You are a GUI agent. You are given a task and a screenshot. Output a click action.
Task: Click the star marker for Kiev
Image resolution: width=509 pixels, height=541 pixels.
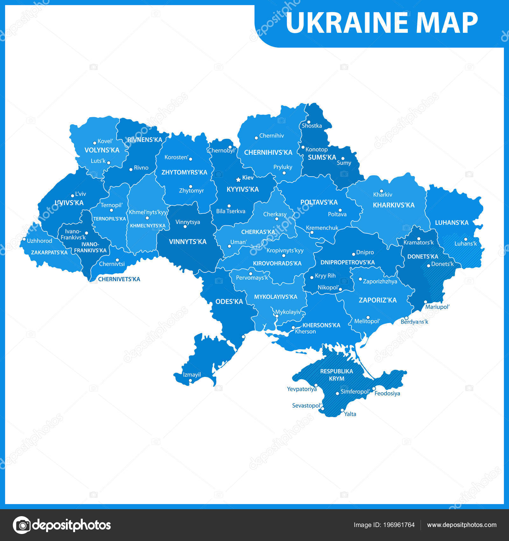[x=238, y=179]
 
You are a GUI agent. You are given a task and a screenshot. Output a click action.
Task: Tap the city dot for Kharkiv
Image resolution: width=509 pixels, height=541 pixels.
[x=381, y=191]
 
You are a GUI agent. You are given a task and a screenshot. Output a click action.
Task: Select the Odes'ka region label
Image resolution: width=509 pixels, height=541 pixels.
[x=229, y=301]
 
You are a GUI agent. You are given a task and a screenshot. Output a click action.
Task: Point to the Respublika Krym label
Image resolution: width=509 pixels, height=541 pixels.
[x=337, y=375]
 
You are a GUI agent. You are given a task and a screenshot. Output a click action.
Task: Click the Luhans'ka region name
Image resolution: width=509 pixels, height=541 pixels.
[x=452, y=223]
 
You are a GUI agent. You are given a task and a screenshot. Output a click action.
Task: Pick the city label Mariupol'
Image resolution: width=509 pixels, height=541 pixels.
[x=437, y=307]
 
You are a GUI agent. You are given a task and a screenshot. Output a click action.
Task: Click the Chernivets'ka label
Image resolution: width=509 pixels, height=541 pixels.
[x=119, y=279]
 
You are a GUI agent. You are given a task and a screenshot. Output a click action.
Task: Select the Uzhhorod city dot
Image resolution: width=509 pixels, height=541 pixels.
[x=24, y=239]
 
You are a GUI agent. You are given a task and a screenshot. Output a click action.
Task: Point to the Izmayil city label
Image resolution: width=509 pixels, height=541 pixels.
[x=192, y=375]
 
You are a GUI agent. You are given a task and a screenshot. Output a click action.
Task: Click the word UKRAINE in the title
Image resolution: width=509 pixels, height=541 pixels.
[x=346, y=23]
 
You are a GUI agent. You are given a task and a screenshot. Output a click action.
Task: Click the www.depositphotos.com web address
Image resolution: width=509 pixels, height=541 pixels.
[x=462, y=525]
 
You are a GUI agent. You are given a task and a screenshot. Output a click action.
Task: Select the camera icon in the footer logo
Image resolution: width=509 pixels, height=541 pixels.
[x=22, y=525]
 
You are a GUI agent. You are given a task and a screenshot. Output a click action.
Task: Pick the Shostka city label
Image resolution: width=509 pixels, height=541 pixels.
[x=312, y=126]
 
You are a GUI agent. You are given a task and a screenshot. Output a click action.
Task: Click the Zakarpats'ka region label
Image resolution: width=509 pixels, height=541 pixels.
[x=49, y=252]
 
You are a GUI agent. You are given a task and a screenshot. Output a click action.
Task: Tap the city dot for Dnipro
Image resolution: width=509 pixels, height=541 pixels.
[x=353, y=254]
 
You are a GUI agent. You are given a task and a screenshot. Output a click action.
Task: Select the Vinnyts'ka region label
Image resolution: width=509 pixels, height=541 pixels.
[x=188, y=242]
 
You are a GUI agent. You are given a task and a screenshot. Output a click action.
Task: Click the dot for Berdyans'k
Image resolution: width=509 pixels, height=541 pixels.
[x=406, y=318]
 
